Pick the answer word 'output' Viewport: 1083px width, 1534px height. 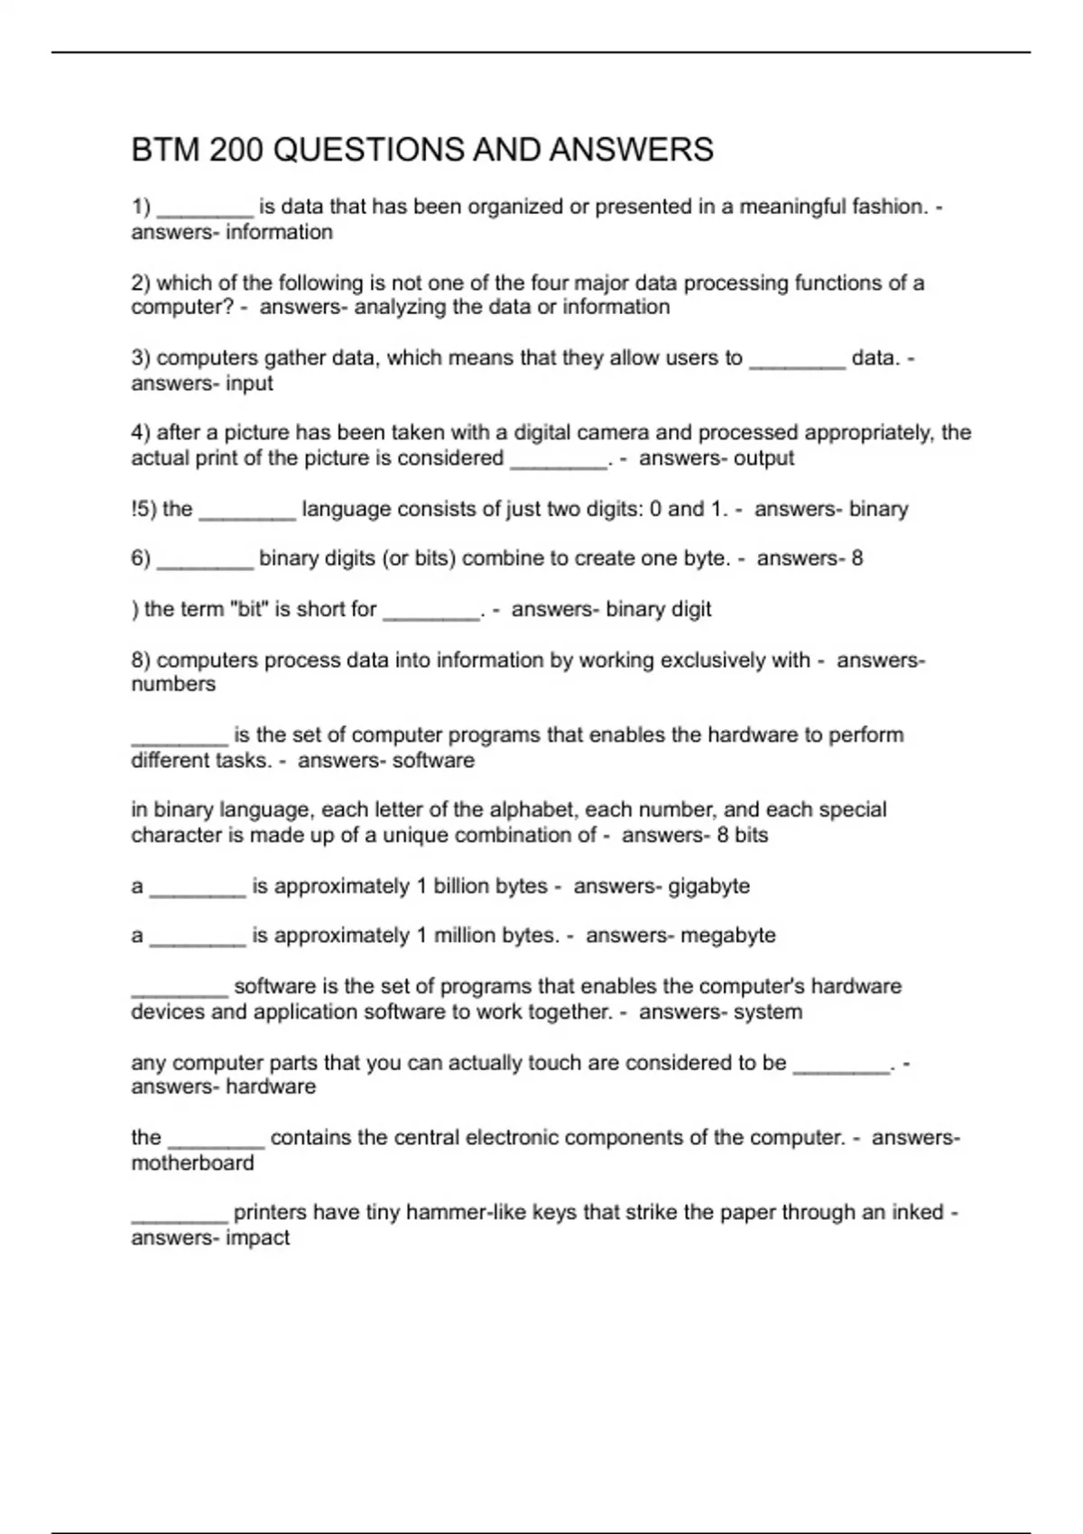click(764, 458)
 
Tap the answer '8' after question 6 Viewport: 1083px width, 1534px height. click(856, 559)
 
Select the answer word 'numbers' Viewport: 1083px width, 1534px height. click(173, 685)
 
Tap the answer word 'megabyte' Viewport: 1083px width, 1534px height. click(727, 936)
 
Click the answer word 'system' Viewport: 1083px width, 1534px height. click(767, 1012)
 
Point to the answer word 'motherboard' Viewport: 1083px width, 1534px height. click(192, 1163)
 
